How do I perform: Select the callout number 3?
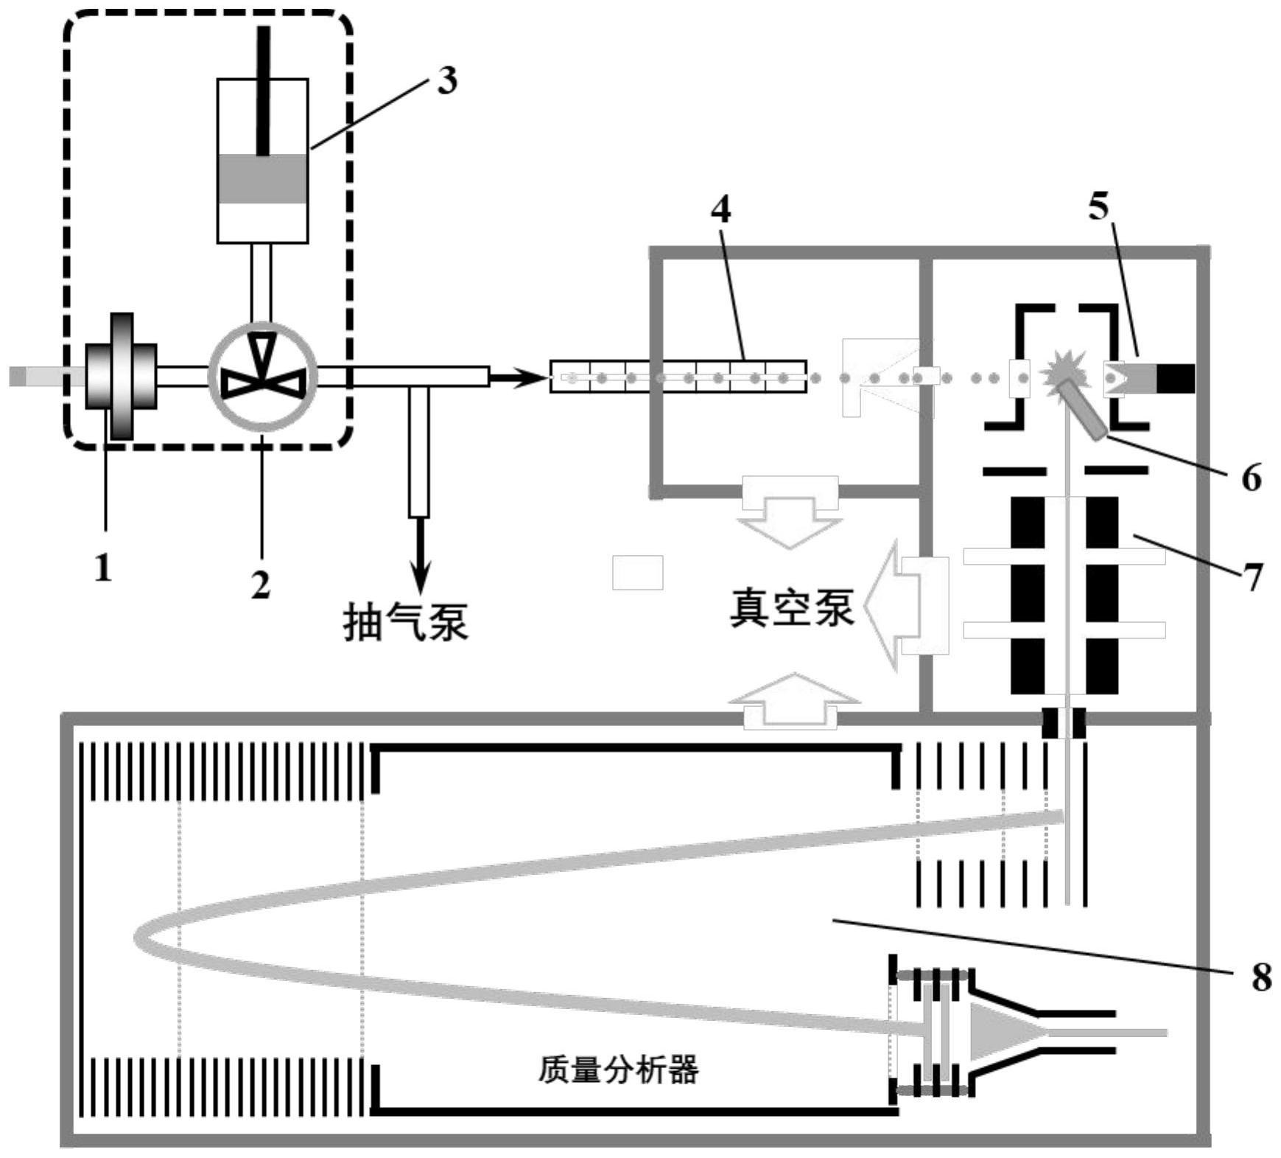[x=446, y=80]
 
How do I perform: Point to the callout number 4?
[x=720, y=210]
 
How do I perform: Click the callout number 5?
[x=1098, y=207]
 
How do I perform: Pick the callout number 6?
[x=1251, y=478]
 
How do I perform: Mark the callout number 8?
[x=1261, y=977]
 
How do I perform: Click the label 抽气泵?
[x=406, y=623]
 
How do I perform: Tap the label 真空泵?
[x=792, y=608]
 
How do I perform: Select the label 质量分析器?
[x=618, y=1070]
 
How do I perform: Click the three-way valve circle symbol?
[x=263, y=376]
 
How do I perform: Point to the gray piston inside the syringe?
[x=262, y=179]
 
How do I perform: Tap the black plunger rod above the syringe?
[x=262, y=88]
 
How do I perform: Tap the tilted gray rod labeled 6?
[x=1081, y=409]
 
